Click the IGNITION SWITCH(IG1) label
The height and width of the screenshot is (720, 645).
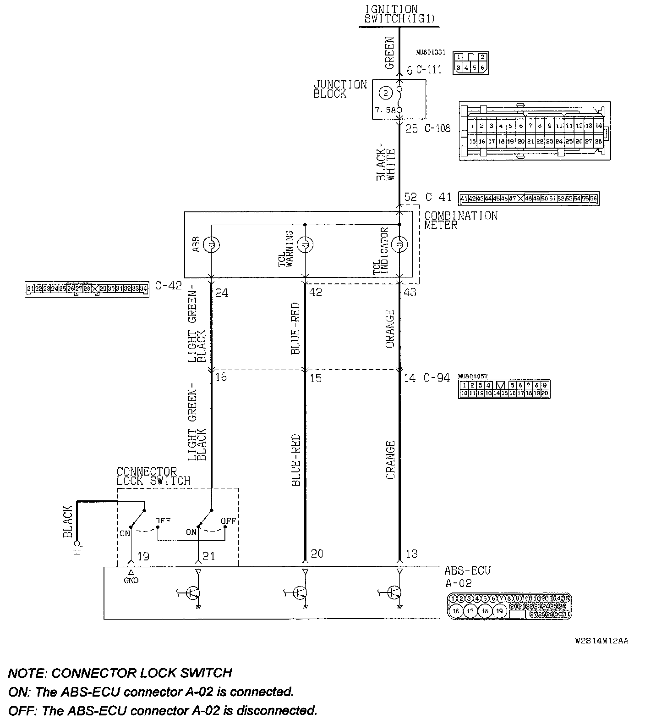coord(399,14)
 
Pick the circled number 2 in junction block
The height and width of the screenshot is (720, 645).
coord(387,93)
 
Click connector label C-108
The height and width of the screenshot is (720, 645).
coord(437,128)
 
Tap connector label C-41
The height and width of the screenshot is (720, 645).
coord(438,197)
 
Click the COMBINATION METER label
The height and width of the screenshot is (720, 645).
coord(460,220)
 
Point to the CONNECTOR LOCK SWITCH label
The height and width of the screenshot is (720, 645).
coord(153,476)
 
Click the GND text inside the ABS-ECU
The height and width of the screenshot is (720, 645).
coord(131,580)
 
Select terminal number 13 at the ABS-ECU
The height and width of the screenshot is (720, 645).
coord(411,554)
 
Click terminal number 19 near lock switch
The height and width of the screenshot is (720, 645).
coord(143,556)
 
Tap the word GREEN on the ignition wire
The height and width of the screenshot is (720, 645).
coord(389,53)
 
